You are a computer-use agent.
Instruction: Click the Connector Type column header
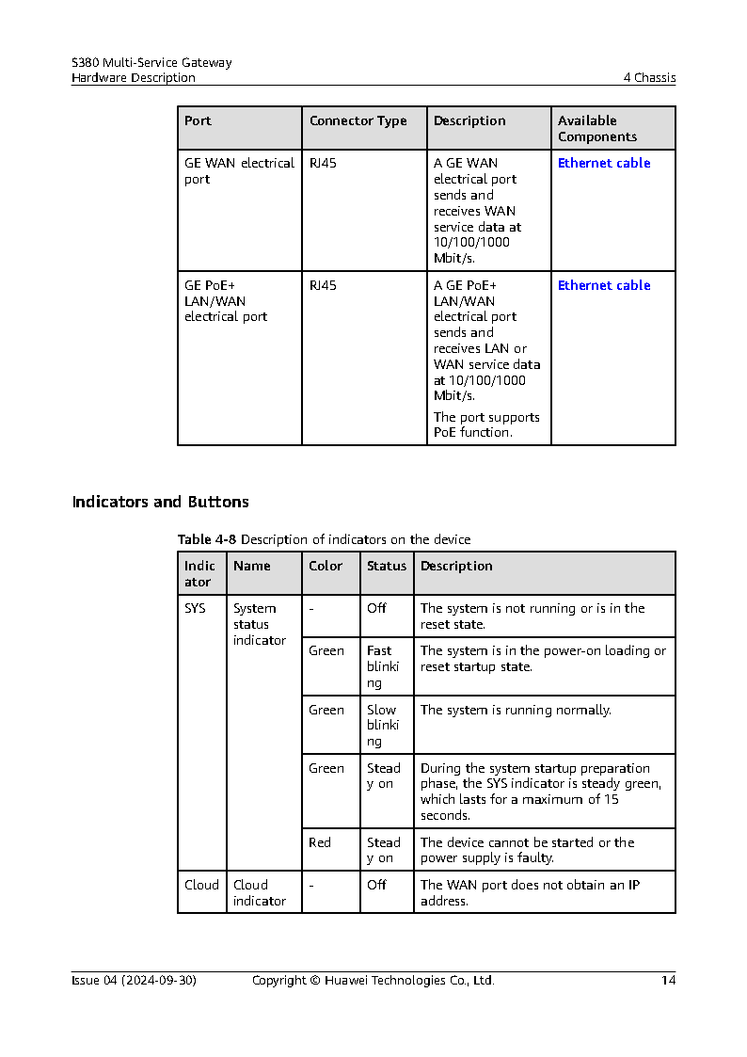point(358,121)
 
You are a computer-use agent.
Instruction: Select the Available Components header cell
point(596,129)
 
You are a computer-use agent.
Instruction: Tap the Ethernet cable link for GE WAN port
point(604,164)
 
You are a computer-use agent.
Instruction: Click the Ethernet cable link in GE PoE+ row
point(604,286)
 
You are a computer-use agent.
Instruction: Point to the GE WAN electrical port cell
point(239,171)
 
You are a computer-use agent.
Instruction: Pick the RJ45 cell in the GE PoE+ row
point(323,286)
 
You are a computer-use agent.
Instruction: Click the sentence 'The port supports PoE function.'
point(486,425)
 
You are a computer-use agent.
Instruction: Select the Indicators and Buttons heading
point(160,503)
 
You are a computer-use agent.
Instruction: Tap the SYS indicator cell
point(195,609)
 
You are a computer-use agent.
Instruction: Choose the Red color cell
point(320,843)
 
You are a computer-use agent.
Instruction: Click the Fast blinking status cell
point(383,666)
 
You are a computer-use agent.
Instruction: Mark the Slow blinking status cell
point(383,726)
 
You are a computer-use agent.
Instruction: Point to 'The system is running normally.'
point(516,711)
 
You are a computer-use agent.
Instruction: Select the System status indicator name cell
point(259,625)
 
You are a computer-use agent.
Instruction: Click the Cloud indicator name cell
point(259,893)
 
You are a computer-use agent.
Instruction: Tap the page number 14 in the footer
point(668,981)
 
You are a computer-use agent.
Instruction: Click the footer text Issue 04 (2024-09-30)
point(134,981)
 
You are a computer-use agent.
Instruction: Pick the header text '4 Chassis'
point(649,78)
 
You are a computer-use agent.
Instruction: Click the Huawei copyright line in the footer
point(373,981)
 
